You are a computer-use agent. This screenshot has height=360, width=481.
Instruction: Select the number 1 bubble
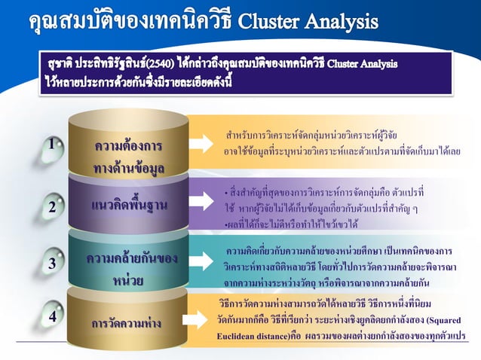click(x=51, y=144)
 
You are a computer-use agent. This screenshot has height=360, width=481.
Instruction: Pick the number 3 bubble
click(x=51, y=264)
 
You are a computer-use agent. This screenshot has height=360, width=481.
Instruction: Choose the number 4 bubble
click(x=51, y=317)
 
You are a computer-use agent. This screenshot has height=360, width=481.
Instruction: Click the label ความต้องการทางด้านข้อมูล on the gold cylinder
click(x=127, y=155)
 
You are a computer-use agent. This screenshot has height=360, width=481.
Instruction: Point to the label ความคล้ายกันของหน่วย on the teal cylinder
click(x=127, y=269)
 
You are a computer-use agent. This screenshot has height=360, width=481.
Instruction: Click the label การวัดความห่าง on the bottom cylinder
click(x=127, y=324)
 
